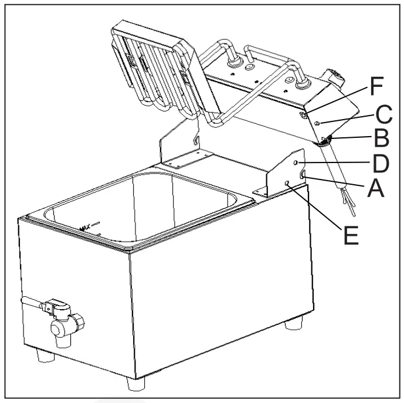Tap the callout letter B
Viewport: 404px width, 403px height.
click(381, 140)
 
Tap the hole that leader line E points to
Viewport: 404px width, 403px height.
click(287, 184)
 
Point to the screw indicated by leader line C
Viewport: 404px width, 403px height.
click(317, 123)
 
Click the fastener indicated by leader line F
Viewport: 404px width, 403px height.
click(303, 117)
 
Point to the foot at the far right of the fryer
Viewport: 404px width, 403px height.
click(294, 324)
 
